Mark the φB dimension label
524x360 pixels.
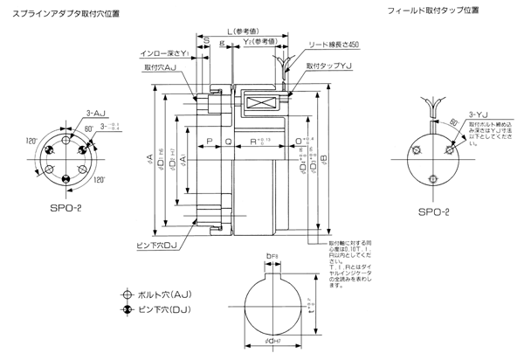coord(325,160)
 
